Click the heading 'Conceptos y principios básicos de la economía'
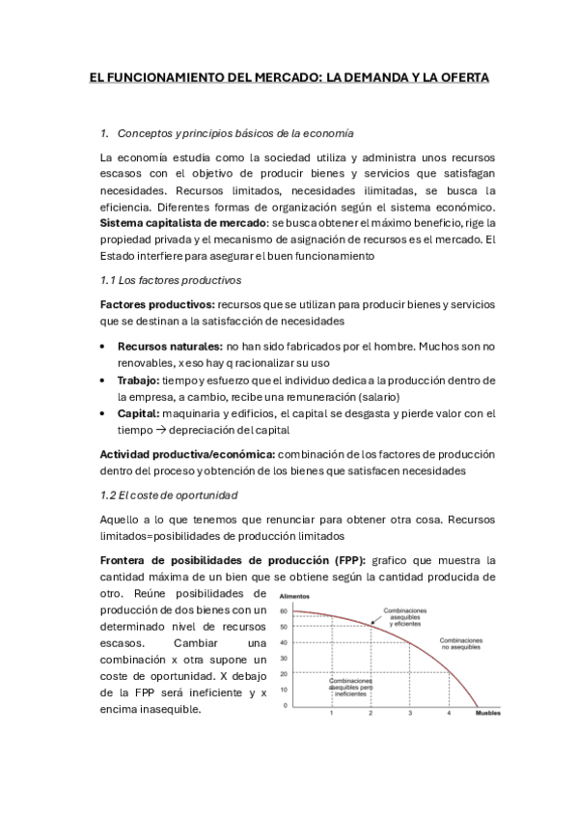pyautogui.click(x=234, y=132)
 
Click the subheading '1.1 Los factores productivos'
pyautogui.click(x=170, y=280)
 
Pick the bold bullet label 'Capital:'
pyautogui.click(x=139, y=413)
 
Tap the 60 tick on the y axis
pyautogui.click(x=284, y=611)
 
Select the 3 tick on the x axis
pyautogui.click(x=409, y=713)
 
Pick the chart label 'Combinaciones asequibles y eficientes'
pyautogui.click(x=406, y=617)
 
